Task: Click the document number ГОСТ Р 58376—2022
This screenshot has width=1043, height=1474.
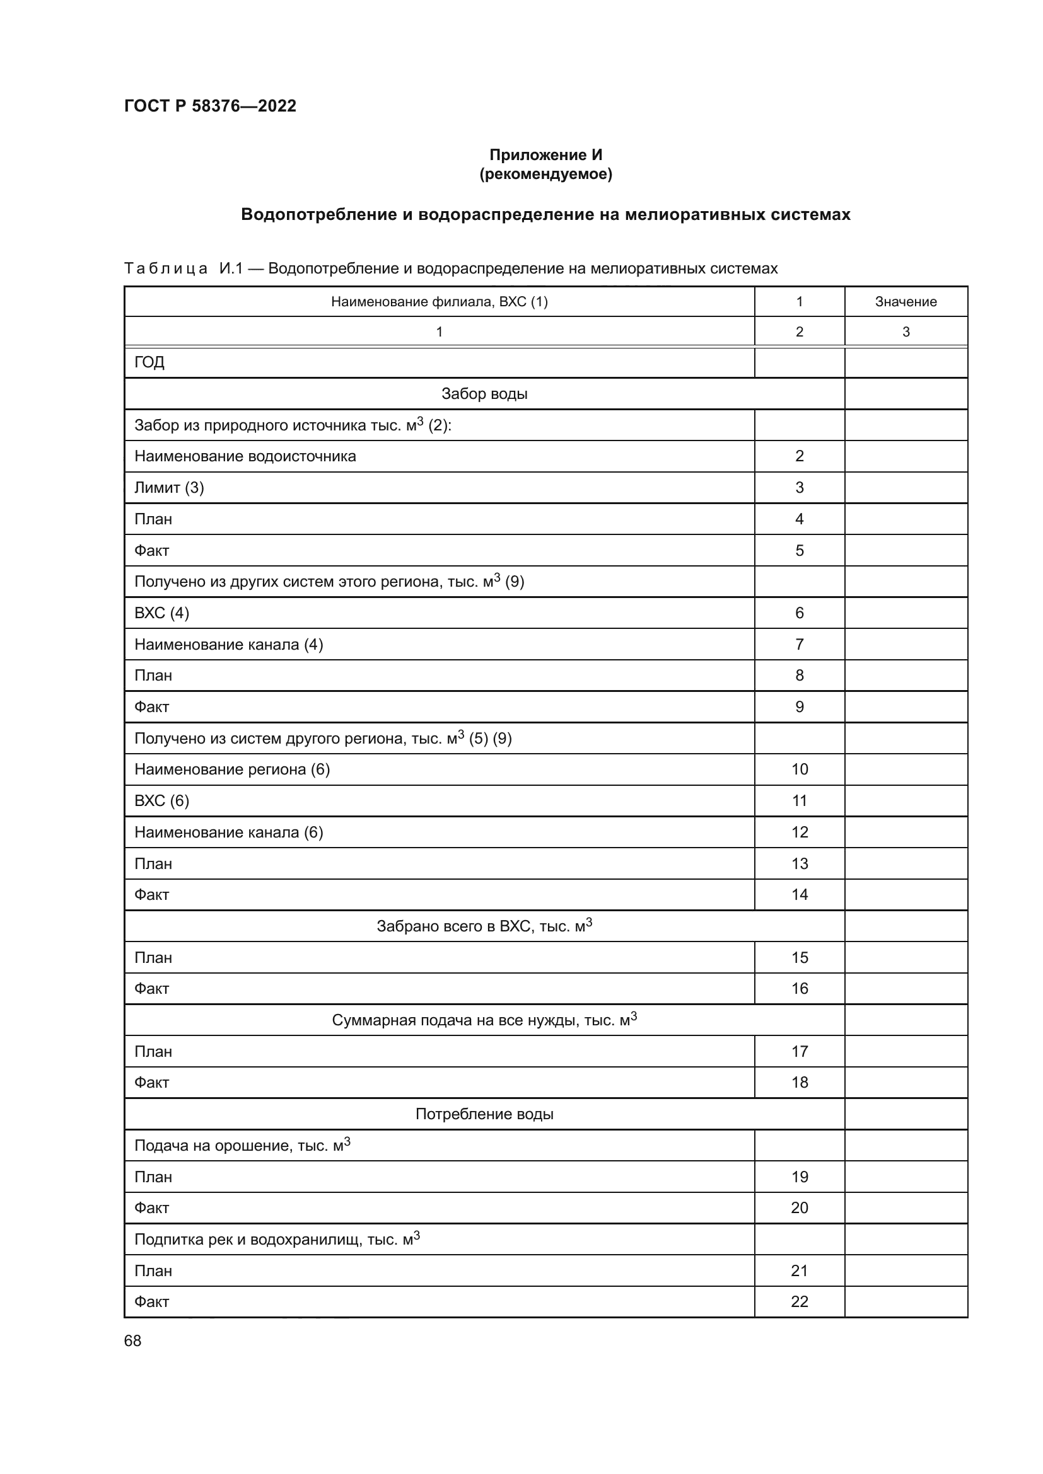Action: coord(210,106)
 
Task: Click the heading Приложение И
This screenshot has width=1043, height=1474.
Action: coord(546,155)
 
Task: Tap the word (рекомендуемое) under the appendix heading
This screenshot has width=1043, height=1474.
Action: coord(546,174)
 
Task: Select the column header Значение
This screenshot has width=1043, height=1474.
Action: coord(906,302)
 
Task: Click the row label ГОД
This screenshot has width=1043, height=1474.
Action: coord(149,363)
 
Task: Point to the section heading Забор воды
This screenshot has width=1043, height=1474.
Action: coord(484,393)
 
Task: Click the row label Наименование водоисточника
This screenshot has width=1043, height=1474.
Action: coord(245,456)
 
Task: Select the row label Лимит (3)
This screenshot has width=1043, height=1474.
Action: coord(169,488)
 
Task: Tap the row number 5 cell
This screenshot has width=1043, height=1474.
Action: coord(799,551)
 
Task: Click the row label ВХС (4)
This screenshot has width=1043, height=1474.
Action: coord(162,613)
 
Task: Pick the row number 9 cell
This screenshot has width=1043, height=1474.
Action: coord(799,707)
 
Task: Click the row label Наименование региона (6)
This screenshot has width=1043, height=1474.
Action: coord(232,769)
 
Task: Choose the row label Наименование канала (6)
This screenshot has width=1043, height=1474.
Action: coord(229,832)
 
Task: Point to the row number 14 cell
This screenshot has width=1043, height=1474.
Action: coord(799,895)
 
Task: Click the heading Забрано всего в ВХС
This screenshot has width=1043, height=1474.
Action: coord(484,926)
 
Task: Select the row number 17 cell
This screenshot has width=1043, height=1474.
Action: coord(799,1052)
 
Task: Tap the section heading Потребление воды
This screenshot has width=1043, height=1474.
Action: coord(484,1114)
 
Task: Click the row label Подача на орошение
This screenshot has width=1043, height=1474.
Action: coord(242,1145)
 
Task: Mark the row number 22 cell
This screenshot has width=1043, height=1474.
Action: coord(799,1301)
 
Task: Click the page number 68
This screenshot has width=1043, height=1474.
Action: coord(133,1340)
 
